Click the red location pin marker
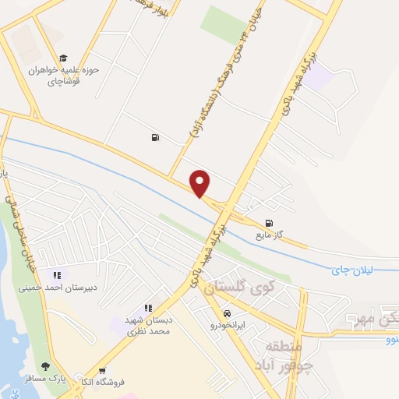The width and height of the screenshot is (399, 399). (200, 183)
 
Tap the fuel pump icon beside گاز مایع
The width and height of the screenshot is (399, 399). (270, 221)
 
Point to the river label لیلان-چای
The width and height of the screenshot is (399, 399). (353, 270)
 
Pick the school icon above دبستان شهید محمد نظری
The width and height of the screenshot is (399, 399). (147, 309)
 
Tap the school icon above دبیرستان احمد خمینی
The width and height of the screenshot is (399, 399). (56, 274)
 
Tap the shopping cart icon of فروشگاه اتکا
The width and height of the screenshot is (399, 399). (102, 370)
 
